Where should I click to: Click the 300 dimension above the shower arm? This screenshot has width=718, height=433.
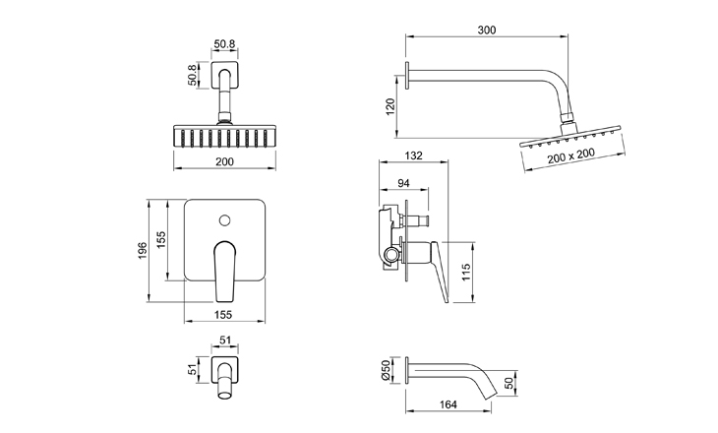coord(486,30)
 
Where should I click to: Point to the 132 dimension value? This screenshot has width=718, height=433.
coord(414,156)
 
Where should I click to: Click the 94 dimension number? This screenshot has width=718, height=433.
coord(403,184)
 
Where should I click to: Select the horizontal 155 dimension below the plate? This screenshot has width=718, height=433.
coord(225,315)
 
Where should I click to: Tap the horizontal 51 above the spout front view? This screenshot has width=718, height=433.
coord(225,340)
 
